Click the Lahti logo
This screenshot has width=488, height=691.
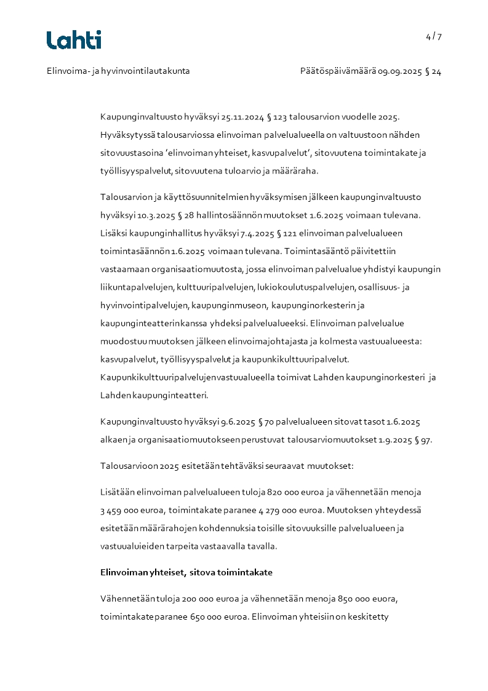(x=74, y=40)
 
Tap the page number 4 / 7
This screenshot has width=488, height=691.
(x=434, y=36)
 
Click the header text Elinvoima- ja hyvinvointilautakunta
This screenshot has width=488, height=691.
(x=118, y=71)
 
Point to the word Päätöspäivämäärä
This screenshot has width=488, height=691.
(x=338, y=71)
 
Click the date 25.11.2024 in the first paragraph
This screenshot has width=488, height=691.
(x=246, y=116)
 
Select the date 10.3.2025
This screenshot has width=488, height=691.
(x=144, y=215)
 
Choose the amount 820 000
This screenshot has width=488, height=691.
(x=284, y=492)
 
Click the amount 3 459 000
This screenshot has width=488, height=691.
(x=121, y=510)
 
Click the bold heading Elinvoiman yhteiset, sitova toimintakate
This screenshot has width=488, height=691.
(x=186, y=572)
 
